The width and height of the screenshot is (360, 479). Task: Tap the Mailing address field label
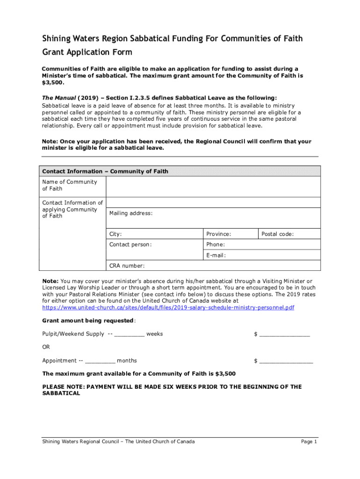pyautogui.click(x=130, y=213)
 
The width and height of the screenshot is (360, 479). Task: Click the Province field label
pyautogui.click(x=218, y=234)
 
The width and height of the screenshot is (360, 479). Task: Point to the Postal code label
pyautogui.click(x=277, y=234)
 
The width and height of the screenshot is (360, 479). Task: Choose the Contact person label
pyautogui.click(x=130, y=244)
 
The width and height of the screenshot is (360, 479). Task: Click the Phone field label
pyautogui.click(x=215, y=244)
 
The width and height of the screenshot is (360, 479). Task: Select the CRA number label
pyautogui.click(x=127, y=266)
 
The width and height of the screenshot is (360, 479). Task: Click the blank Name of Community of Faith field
pyautogui.click(x=213, y=186)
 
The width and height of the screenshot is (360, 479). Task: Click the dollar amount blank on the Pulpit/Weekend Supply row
pyautogui.click(x=284, y=334)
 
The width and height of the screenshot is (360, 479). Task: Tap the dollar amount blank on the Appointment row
pyautogui.click(x=286, y=361)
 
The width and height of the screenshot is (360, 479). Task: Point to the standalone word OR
pyautogui.click(x=46, y=347)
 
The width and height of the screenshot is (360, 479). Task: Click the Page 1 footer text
pyautogui.click(x=309, y=442)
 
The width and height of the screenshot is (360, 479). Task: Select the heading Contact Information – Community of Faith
pyautogui.click(x=105, y=171)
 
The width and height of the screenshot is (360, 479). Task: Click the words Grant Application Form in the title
pyautogui.click(x=87, y=52)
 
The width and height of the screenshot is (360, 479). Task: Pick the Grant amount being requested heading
pyautogui.click(x=88, y=321)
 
